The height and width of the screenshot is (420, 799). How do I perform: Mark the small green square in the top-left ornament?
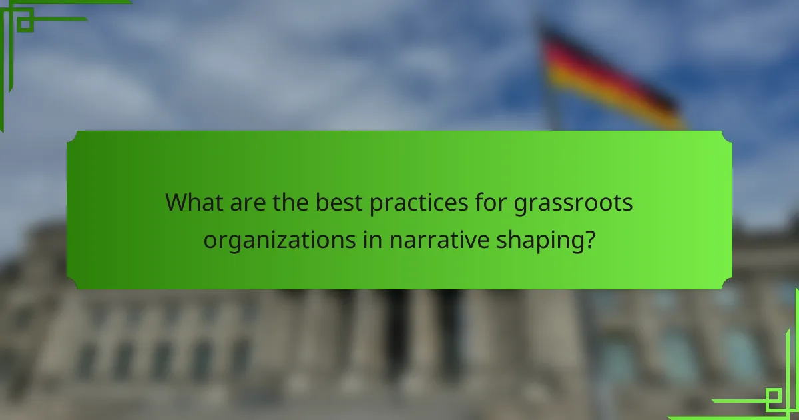[x=25, y=23]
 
